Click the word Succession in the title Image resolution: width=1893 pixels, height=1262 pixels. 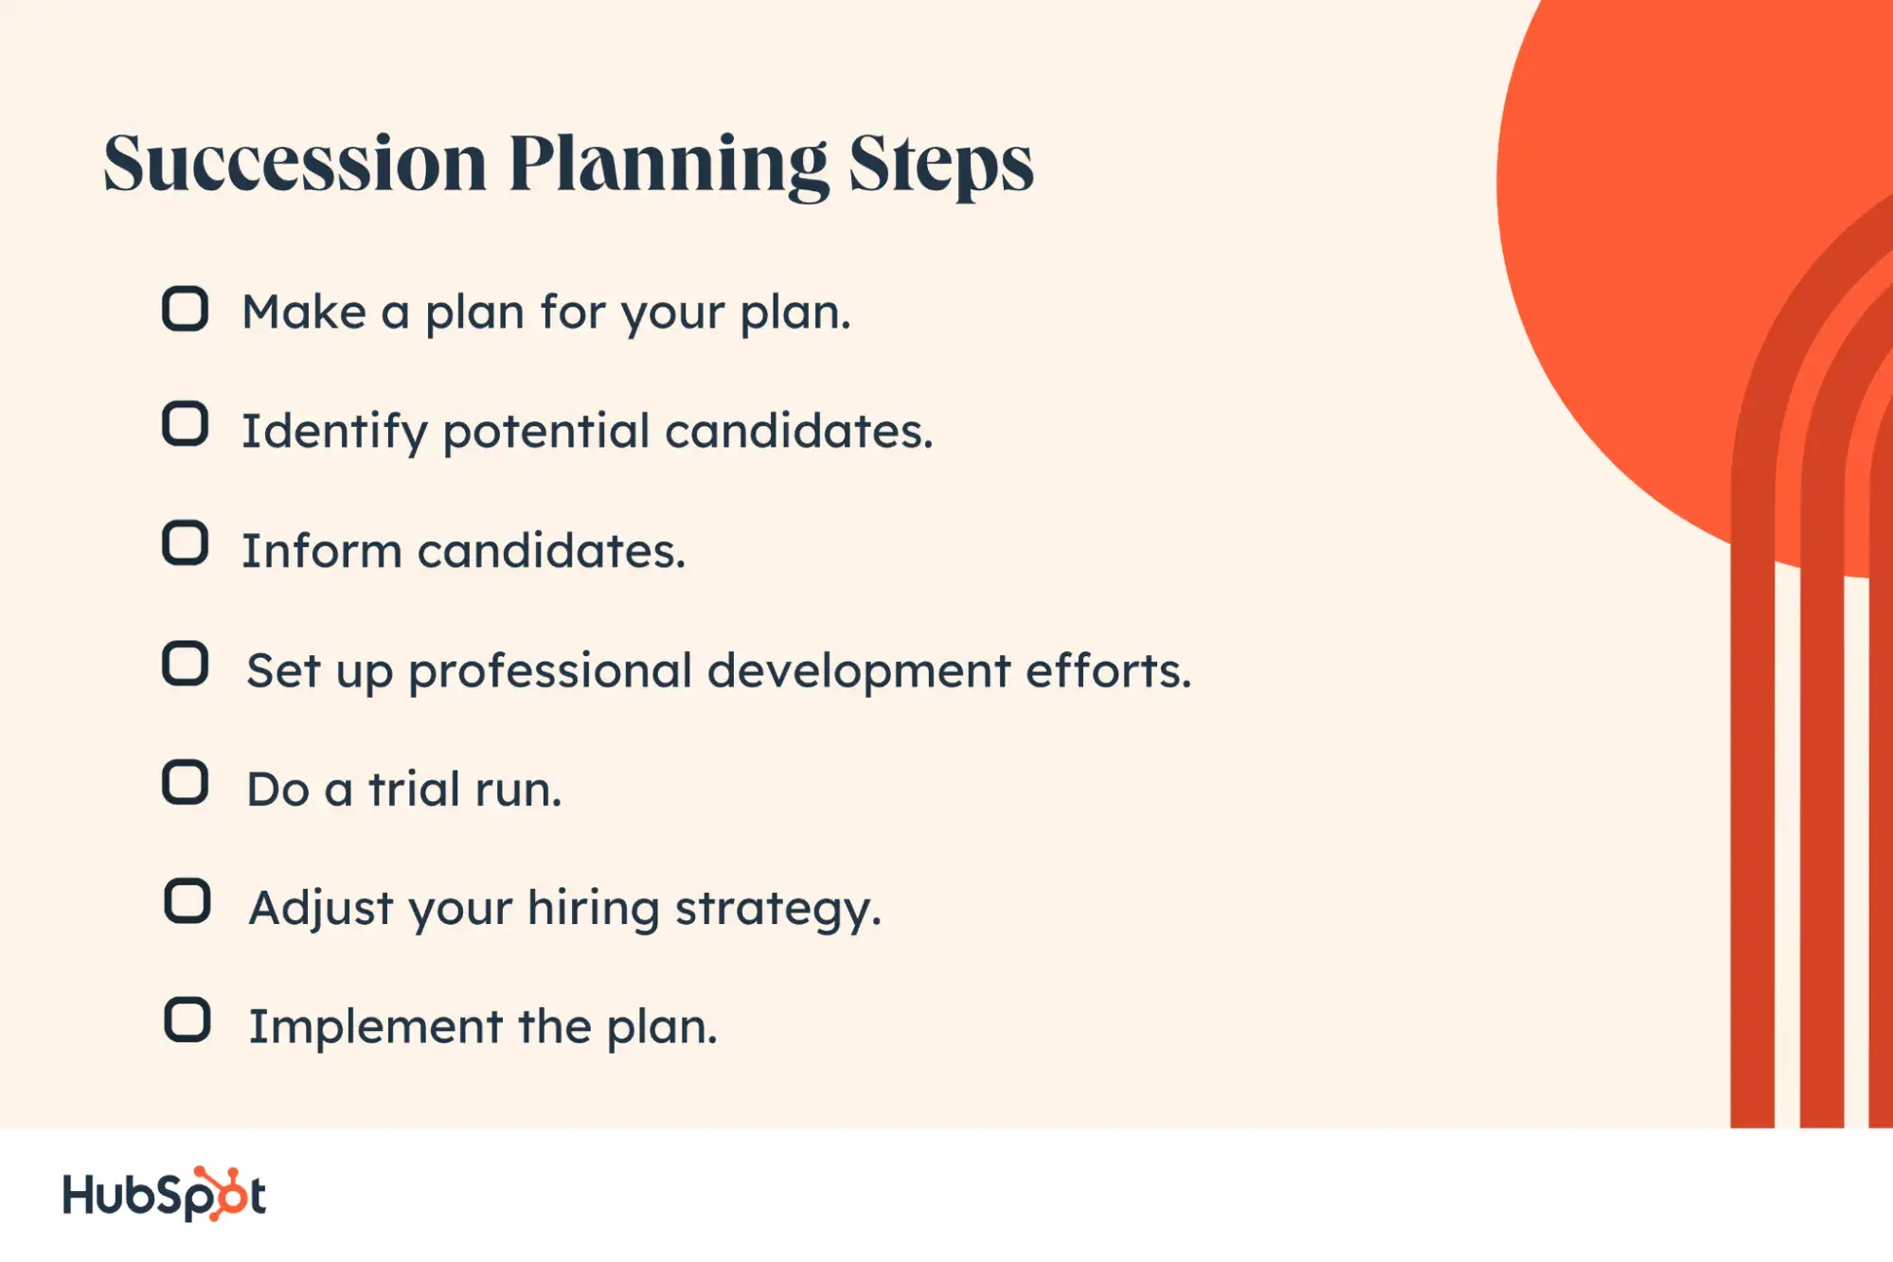[295, 163]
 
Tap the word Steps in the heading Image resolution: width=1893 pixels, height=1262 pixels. [940, 166]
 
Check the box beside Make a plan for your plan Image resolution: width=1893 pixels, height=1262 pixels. [185, 309]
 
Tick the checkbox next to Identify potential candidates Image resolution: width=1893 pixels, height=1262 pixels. [185, 424]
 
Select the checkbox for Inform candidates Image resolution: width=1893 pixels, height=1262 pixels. [185, 543]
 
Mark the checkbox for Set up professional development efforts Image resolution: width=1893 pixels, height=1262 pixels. [185, 664]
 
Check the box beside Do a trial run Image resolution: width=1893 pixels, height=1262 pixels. [185, 783]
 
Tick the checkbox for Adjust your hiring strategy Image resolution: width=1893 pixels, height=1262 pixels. [188, 901]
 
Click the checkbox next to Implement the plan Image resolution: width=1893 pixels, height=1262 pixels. [188, 1021]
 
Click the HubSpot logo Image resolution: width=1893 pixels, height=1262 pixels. [164, 1194]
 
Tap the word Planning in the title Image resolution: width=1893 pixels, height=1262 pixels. [669, 166]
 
